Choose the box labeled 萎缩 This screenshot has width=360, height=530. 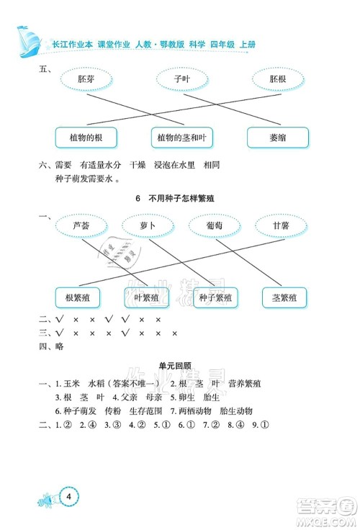(277, 137)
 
